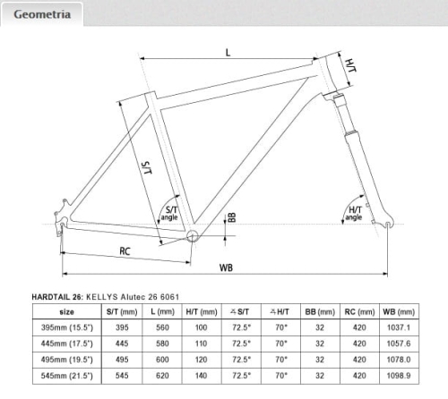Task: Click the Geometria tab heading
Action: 42,14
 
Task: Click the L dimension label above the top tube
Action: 228,53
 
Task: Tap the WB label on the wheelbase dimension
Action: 226,267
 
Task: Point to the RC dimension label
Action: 125,251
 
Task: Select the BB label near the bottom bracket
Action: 232,217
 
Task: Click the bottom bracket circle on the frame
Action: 193,236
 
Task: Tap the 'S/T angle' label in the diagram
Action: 169,213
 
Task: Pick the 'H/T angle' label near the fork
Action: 354,214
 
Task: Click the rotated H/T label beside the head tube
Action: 350,65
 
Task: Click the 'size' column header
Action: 67,312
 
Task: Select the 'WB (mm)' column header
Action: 399,312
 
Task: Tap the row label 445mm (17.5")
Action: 67,344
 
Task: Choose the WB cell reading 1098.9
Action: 399,376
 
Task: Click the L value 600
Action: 162,360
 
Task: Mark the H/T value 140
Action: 202,376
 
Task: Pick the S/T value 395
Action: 122,327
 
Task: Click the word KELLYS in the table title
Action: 102,297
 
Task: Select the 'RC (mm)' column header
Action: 359,312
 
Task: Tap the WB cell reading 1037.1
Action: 399,327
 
